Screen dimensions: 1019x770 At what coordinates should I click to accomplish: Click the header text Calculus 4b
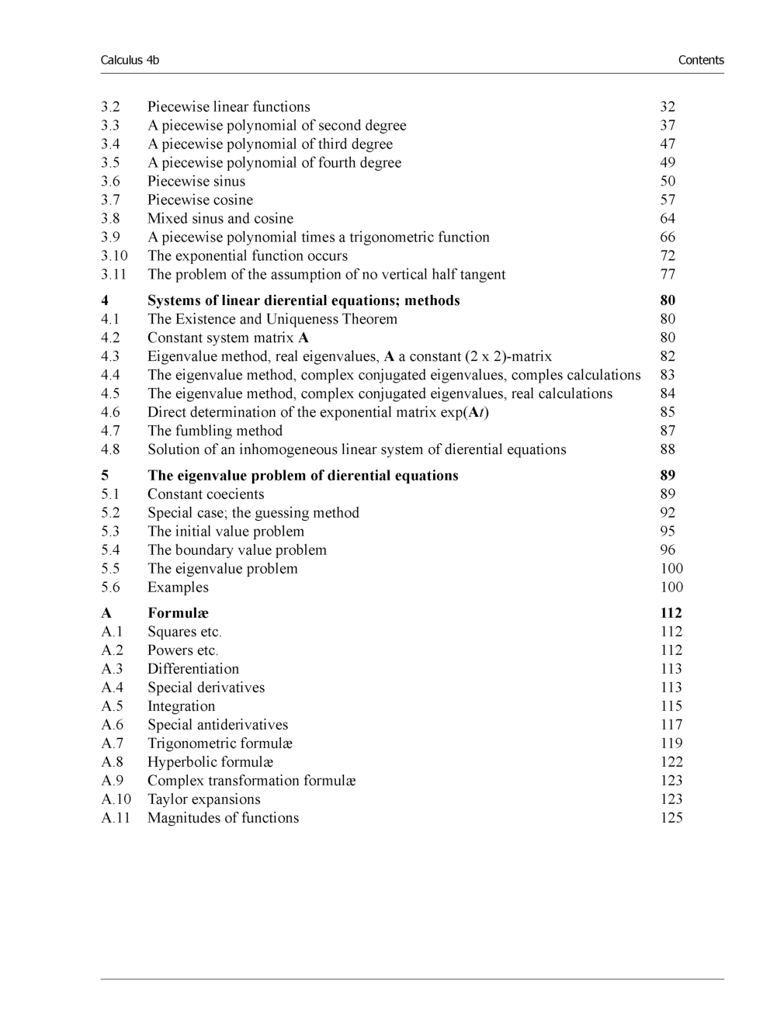point(130,61)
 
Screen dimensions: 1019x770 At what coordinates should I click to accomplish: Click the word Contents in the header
point(700,61)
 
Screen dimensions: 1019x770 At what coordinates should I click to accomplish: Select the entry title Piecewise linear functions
point(228,107)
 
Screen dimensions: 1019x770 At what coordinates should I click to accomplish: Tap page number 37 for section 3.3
point(668,126)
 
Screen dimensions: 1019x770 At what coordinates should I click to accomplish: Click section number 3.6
point(110,182)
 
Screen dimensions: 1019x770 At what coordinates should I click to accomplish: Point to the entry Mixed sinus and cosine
point(220,219)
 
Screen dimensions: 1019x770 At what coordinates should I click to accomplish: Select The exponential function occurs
point(248,256)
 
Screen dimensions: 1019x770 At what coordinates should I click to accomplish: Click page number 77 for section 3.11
point(668,275)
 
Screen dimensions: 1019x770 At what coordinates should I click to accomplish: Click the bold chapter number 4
point(105,301)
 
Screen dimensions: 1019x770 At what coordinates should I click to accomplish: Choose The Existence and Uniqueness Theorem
point(272,320)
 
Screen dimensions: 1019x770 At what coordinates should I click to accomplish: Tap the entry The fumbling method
point(215,432)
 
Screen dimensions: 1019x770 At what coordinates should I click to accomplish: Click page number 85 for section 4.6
point(668,413)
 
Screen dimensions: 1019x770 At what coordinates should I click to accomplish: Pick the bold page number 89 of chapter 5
point(668,476)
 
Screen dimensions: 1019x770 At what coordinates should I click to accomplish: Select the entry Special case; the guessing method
point(253,513)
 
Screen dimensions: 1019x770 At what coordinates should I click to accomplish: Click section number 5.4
point(110,550)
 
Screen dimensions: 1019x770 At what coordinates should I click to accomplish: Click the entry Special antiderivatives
point(217,725)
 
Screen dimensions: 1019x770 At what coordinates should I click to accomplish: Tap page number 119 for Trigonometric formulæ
point(671,743)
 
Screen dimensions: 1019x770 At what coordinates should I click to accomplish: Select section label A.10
point(116,799)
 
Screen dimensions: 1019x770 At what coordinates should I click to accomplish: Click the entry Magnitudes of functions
point(223,818)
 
